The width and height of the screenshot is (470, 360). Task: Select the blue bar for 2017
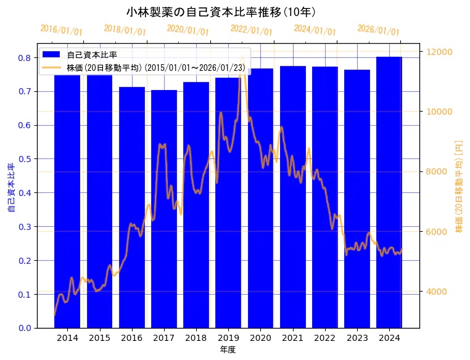click(164, 210)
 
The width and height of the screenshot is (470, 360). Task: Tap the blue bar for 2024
click(389, 191)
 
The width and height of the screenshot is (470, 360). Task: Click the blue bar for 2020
click(260, 197)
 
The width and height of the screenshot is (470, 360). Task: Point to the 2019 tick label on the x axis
click(228, 338)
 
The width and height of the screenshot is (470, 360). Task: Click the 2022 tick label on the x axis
click(324, 338)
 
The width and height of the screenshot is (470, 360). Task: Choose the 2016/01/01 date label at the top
click(61, 30)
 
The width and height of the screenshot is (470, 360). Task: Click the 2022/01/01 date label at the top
click(251, 30)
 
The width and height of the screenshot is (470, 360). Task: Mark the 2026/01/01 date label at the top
click(378, 30)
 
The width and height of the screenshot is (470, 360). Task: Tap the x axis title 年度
click(228, 350)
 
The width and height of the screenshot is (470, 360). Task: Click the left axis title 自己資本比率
click(11, 188)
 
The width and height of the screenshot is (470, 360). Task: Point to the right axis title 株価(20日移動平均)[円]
click(459, 186)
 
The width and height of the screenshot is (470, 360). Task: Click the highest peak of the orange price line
click(242, 57)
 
